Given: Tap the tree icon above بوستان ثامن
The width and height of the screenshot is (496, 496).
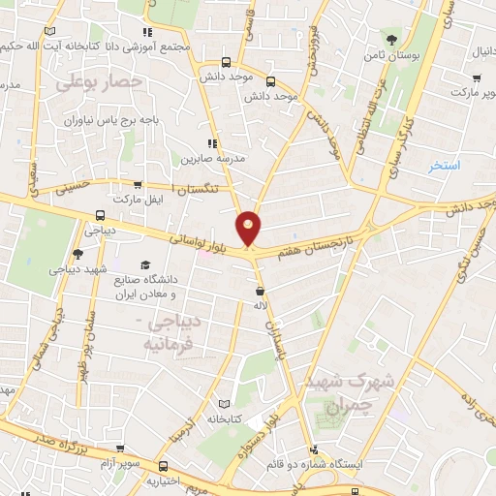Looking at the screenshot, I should point(391,40).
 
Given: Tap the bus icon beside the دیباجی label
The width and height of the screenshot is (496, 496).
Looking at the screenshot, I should point(100,217).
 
